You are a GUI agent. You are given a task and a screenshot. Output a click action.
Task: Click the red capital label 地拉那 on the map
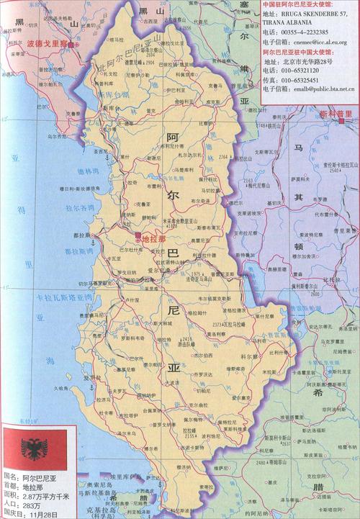pyautogui.click(x=153, y=239)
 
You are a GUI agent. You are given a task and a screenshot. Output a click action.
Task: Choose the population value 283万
pyautogui.click(x=30, y=505)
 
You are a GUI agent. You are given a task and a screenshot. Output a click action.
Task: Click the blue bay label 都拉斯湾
pyautogui.click(x=78, y=251)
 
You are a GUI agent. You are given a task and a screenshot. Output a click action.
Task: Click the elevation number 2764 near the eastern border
pyautogui.click(x=223, y=156)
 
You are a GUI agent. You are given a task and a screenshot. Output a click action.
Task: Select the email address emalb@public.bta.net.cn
pyautogui.click(x=319, y=89)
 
